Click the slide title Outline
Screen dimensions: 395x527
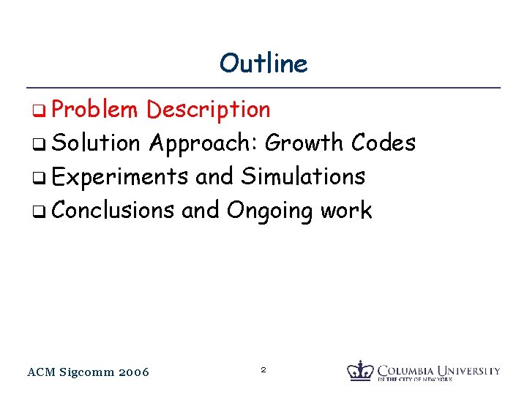tap(263, 64)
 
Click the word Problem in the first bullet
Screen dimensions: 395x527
tap(94, 110)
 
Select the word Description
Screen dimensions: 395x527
tap(209, 110)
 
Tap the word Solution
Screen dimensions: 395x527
tap(96, 143)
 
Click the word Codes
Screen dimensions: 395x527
tap(384, 143)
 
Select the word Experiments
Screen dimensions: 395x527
tap(121, 177)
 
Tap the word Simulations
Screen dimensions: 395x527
tap(303, 176)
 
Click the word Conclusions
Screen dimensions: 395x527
tap(113, 210)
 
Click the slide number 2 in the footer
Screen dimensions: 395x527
tap(263, 371)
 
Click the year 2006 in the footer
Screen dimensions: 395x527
tap(133, 372)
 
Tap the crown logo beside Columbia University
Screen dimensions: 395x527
tap(359, 370)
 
